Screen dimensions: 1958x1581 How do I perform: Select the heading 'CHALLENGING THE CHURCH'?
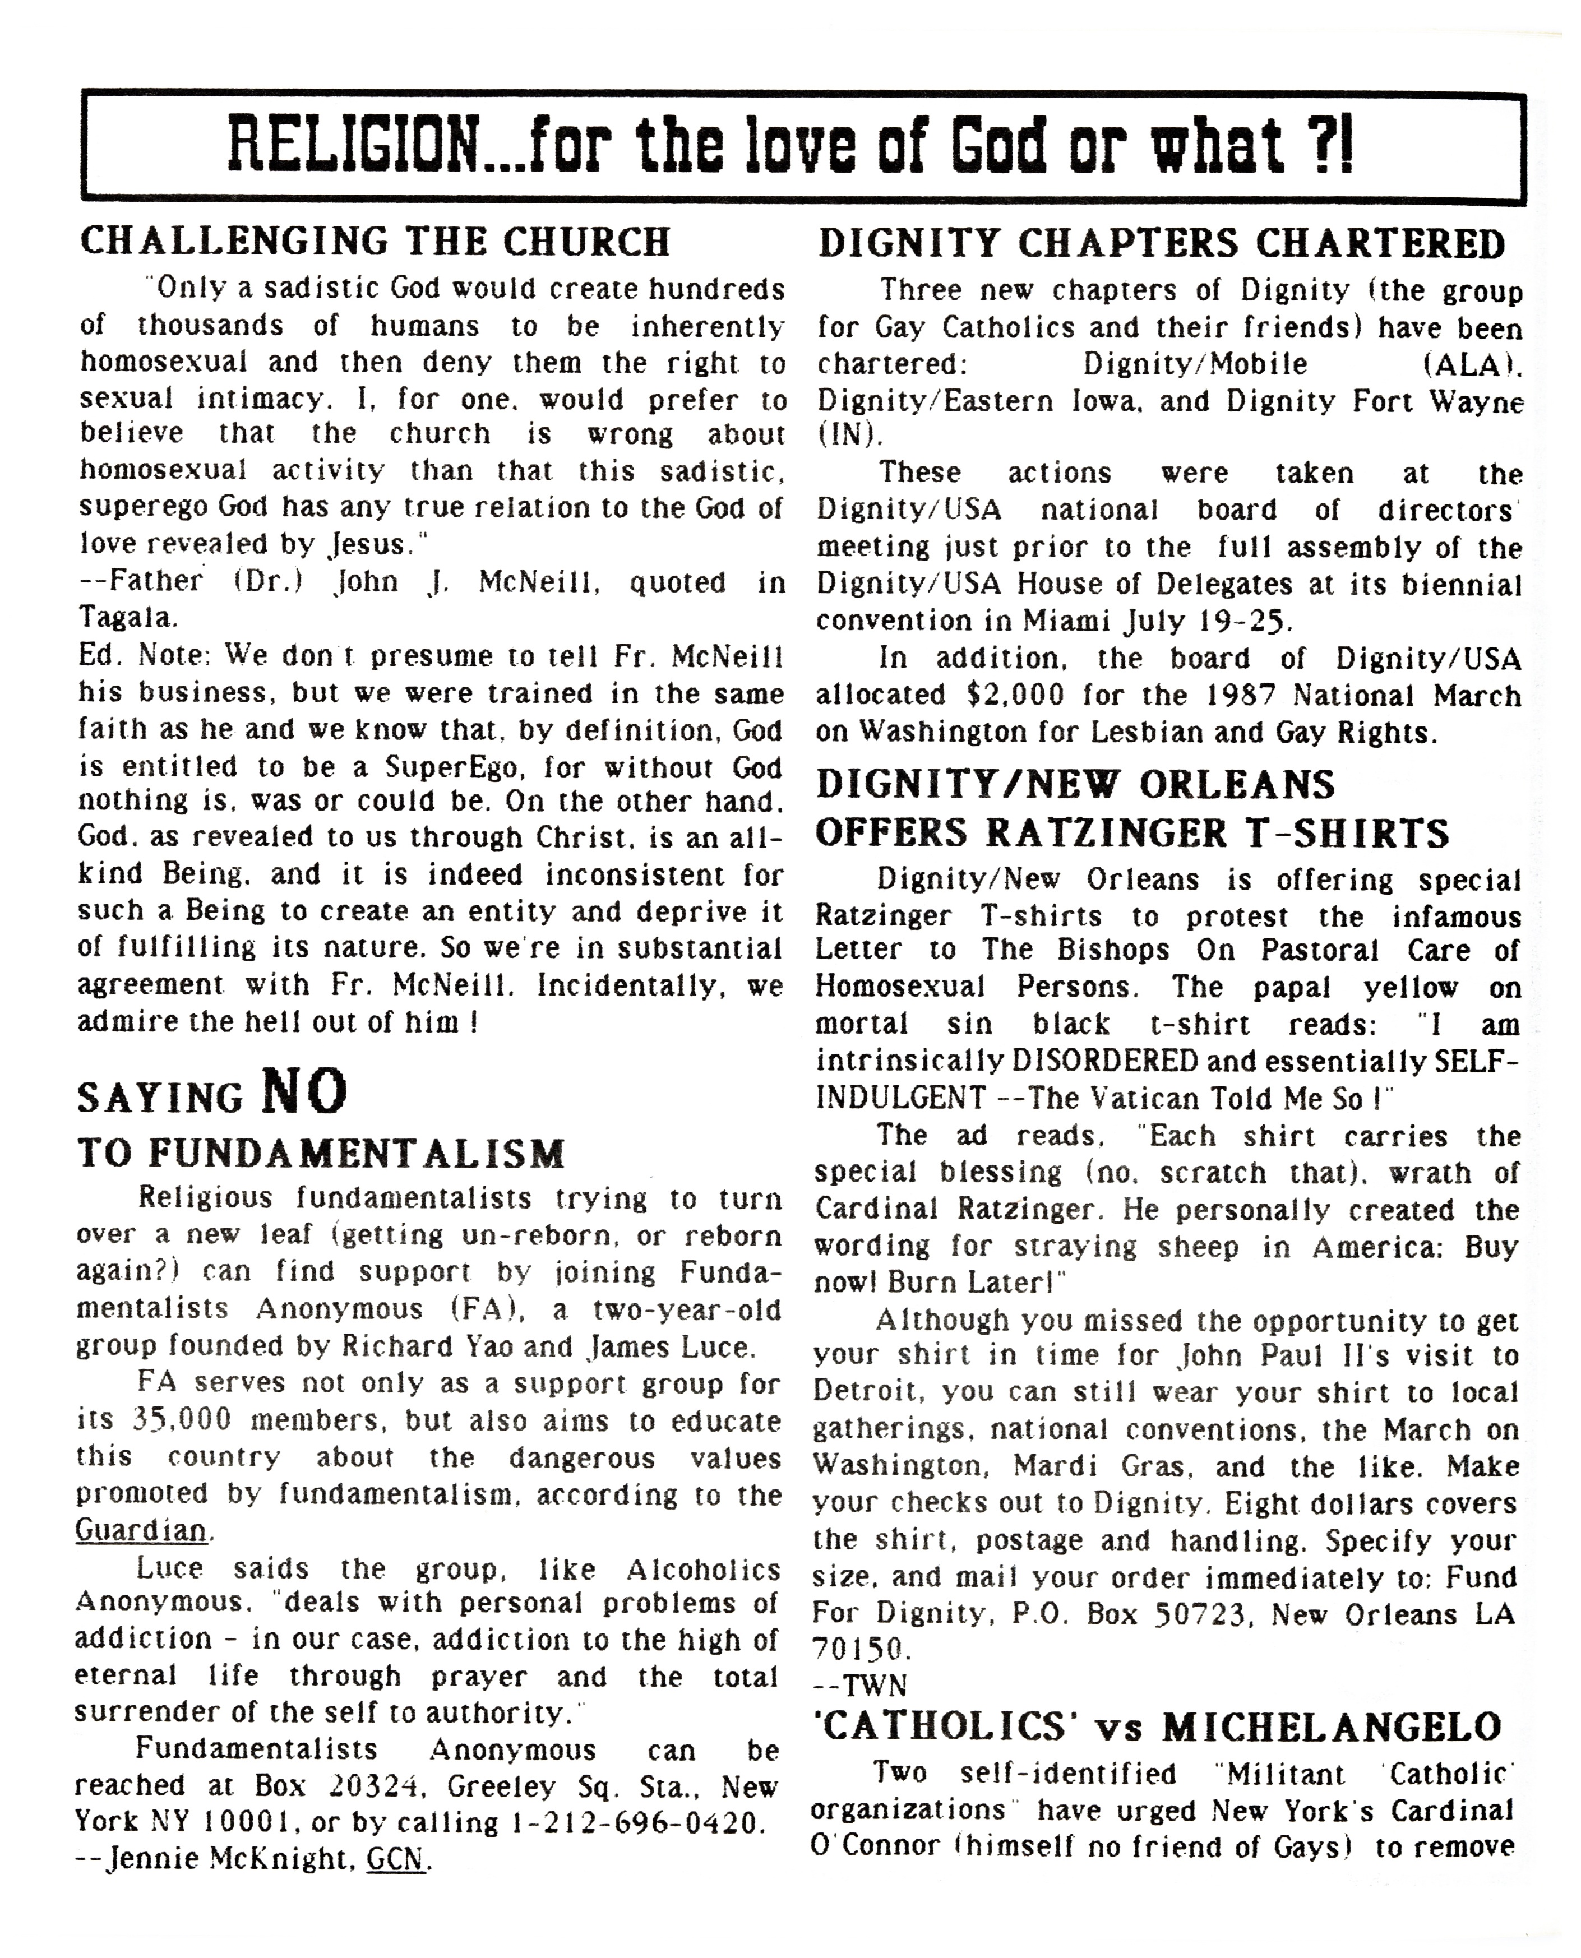(375, 242)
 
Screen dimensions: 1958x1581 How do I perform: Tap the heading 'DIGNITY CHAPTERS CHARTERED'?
(1161, 244)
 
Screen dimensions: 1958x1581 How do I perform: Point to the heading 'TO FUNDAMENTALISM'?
(321, 1154)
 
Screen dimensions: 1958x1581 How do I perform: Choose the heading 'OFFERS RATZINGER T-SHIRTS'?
(1132, 832)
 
